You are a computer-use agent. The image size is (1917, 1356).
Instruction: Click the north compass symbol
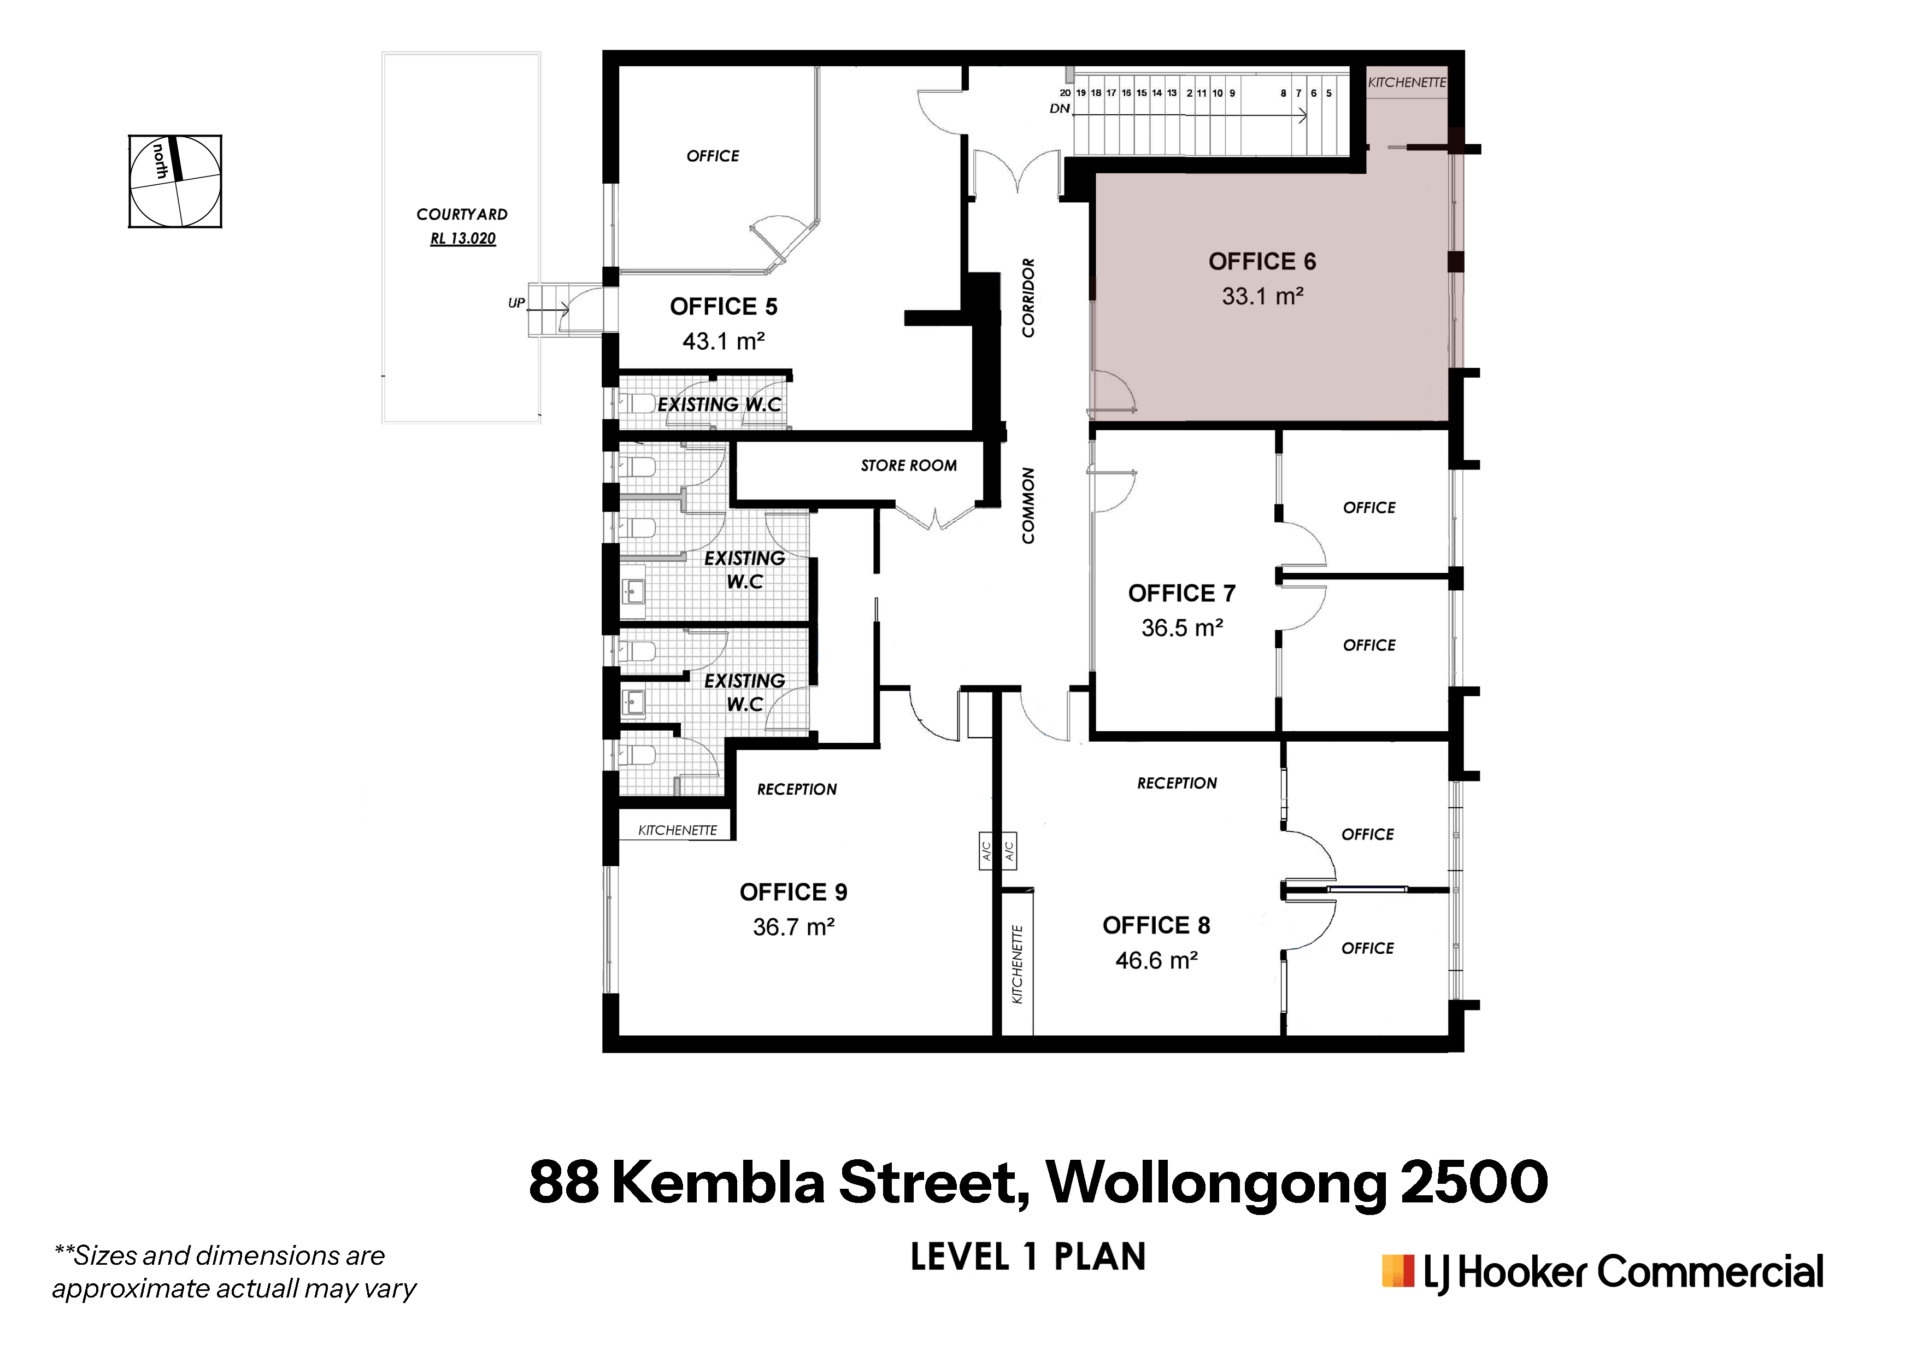175,181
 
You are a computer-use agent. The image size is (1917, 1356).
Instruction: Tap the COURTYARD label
462,215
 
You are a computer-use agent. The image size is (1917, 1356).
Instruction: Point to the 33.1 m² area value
1262,296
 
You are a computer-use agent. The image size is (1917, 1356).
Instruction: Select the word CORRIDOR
1028,297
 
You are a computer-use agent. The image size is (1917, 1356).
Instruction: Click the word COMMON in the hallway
1028,506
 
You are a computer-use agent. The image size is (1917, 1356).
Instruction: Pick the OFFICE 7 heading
1181,593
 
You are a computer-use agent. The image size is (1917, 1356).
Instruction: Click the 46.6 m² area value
1156,960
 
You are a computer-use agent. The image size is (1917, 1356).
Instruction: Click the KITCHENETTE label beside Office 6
1407,83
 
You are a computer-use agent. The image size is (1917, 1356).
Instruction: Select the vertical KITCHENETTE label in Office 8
1017,965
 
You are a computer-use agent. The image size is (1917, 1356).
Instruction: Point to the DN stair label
1060,109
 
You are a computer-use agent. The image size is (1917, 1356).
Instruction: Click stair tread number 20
1066,93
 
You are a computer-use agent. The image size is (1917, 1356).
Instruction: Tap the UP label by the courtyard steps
517,303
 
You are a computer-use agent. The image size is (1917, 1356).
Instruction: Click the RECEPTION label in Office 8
1177,783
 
